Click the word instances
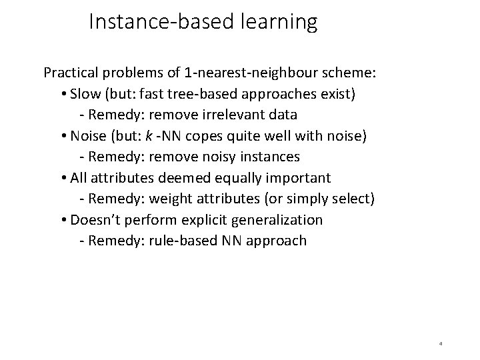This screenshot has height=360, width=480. coord(269,157)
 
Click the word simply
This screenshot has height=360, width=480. coord(316,199)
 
